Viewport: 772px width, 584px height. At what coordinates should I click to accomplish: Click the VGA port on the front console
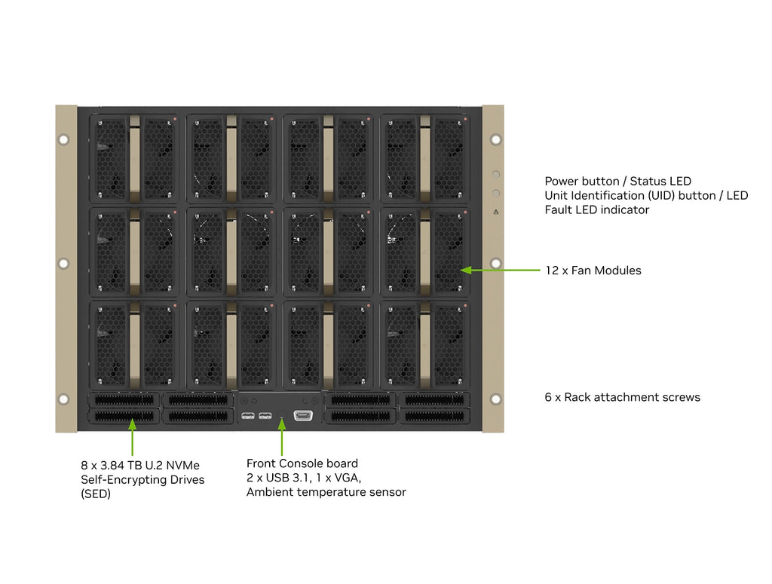click(x=303, y=415)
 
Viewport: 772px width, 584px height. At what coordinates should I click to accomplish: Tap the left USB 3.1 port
click(x=248, y=415)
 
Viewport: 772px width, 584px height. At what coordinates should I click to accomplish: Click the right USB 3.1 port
click(x=264, y=415)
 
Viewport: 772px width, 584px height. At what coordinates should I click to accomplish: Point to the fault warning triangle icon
click(x=495, y=212)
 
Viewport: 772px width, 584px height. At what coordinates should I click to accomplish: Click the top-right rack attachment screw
click(x=495, y=139)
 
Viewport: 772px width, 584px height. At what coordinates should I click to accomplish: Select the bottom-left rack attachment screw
click(x=63, y=399)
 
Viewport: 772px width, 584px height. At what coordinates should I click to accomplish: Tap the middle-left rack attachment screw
click(x=63, y=263)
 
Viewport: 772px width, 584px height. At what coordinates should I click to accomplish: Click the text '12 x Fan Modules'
click(x=593, y=271)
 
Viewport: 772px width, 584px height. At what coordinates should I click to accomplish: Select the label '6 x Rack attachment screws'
click(x=622, y=397)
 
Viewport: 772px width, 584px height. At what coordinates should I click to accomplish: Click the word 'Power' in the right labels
click(x=562, y=182)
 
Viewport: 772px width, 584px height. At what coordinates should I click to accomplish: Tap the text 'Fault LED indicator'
click(x=596, y=210)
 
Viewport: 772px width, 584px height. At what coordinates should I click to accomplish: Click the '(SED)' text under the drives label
click(x=96, y=494)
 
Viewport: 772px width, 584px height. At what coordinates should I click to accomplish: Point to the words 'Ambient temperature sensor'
click(x=326, y=492)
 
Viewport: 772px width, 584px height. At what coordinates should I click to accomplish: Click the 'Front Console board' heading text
click(x=302, y=463)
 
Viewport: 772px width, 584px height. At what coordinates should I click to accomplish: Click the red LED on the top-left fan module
click(x=175, y=119)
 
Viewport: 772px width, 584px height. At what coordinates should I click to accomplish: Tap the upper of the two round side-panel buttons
click(x=495, y=174)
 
